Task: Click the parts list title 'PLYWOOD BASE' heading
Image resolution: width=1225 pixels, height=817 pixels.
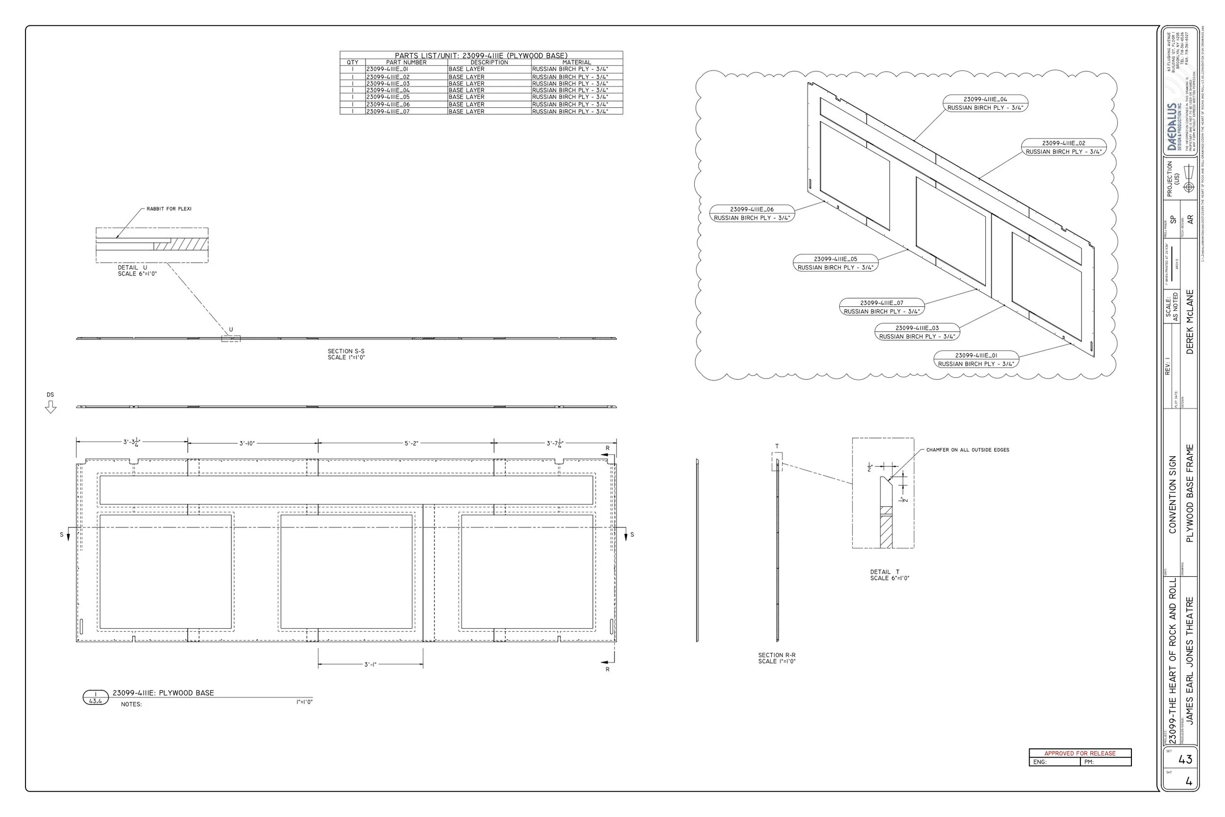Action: tap(481, 55)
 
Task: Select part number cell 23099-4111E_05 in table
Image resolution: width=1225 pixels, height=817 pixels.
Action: tap(388, 97)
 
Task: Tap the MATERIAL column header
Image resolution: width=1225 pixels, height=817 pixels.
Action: tap(577, 63)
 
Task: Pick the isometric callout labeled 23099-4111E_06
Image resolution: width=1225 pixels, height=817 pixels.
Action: tap(752, 214)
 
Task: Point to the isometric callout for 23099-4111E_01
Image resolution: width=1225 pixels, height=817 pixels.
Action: tap(976, 360)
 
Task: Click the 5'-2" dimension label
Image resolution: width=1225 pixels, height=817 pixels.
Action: tap(411, 444)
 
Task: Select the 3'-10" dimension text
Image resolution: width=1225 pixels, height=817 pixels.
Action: tap(247, 444)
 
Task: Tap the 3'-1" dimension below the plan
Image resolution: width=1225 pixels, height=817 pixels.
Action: tap(370, 665)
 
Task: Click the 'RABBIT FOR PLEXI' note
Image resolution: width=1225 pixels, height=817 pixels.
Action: tap(169, 209)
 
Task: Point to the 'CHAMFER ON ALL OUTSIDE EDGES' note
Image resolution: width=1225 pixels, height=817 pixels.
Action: tap(967, 449)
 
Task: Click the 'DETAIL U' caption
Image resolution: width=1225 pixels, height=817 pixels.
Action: tap(132, 268)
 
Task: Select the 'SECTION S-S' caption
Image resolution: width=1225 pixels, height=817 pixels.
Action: tap(346, 352)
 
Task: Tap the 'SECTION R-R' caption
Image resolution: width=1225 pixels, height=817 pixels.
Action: tap(777, 655)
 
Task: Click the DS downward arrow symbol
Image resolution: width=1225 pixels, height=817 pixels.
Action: tap(50, 407)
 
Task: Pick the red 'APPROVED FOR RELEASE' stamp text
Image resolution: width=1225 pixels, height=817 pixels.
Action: tap(1079, 753)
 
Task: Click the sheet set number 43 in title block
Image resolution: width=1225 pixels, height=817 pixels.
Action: tap(1185, 760)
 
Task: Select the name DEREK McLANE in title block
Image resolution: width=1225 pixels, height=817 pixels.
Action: tap(1190, 322)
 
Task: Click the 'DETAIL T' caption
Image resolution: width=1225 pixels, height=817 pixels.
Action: tap(884, 572)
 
